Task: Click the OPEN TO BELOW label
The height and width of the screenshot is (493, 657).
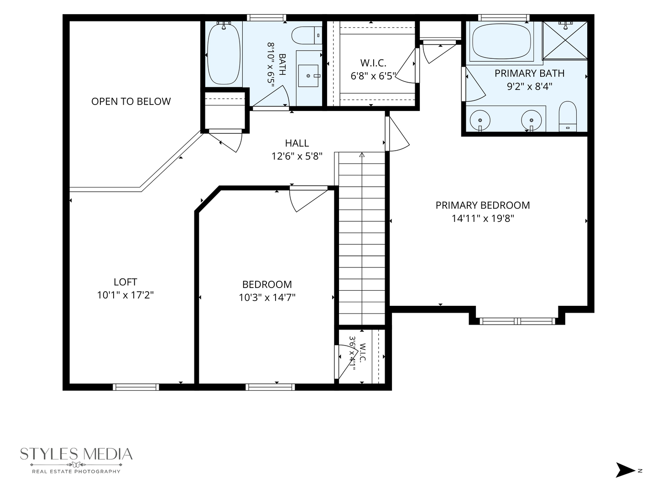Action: click(131, 101)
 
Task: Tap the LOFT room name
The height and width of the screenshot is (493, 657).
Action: click(125, 282)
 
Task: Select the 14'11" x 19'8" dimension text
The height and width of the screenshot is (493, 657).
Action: click(483, 219)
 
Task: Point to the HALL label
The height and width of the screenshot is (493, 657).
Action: click(297, 143)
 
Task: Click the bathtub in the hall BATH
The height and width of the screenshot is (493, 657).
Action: click(224, 54)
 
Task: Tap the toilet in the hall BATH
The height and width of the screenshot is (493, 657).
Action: click(307, 35)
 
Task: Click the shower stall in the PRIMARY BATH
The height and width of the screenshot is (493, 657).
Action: click(565, 41)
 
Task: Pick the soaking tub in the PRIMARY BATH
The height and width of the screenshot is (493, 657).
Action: click(502, 41)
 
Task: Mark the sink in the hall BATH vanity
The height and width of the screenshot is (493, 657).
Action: click(308, 76)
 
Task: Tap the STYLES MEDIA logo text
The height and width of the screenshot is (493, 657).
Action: click(76, 454)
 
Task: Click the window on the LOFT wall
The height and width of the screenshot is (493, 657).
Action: click(136, 387)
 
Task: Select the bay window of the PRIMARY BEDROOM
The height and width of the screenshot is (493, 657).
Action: click(517, 321)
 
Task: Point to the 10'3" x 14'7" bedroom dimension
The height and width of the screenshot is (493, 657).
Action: click(267, 298)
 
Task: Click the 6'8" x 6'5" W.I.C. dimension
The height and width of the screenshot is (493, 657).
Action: click(373, 76)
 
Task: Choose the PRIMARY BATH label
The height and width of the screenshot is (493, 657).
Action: click(530, 73)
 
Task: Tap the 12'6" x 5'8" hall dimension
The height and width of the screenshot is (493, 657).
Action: click(297, 156)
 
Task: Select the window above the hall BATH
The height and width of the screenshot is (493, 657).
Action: click(266, 18)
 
